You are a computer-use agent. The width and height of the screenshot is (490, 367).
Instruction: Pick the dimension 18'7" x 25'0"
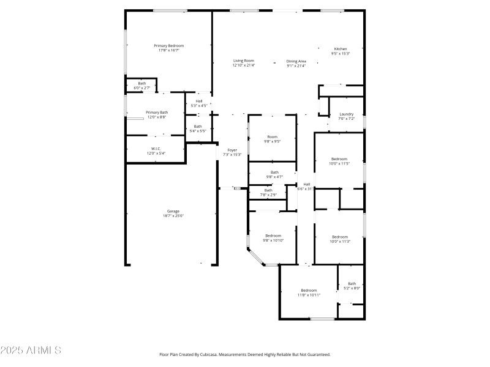(173, 216)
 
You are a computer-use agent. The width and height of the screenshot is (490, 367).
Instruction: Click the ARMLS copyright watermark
(31, 350)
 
